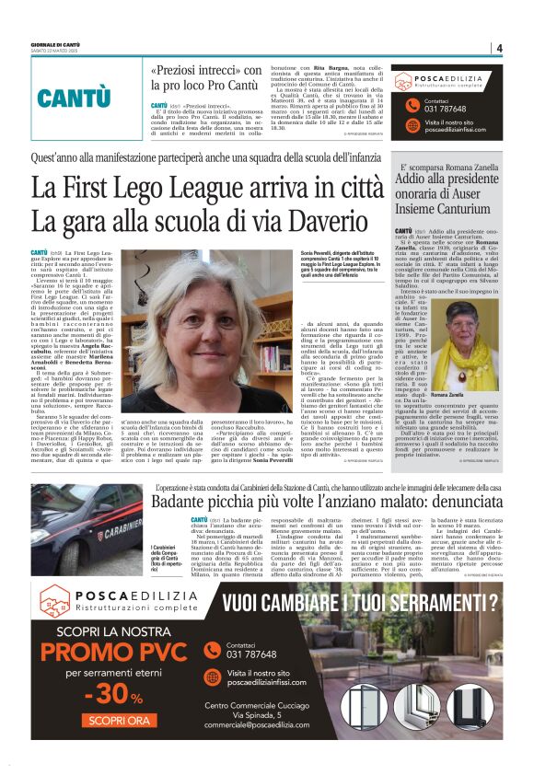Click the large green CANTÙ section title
coord(73,97)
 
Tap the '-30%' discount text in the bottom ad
coord(91,691)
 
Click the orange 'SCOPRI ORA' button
coord(91,721)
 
